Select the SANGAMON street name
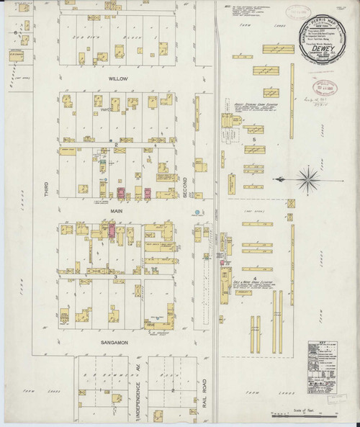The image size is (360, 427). point(114,342)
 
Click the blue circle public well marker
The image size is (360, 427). point(195,213)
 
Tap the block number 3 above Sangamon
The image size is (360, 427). point(114,276)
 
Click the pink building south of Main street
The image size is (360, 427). point(112,230)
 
